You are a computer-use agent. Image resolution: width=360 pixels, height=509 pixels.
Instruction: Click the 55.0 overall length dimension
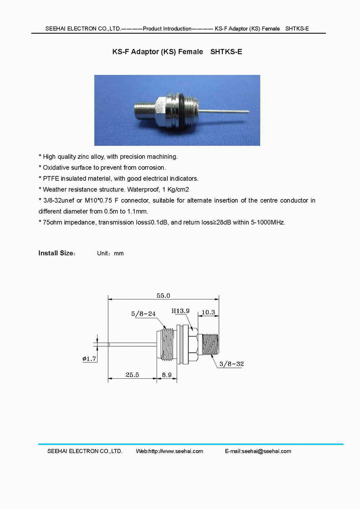pyautogui.click(x=163, y=296)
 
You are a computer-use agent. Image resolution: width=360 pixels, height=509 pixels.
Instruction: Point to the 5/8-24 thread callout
pyautogui.click(x=143, y=314)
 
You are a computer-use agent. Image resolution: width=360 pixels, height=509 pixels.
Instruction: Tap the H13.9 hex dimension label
pyautogui.click(x=180, y=311)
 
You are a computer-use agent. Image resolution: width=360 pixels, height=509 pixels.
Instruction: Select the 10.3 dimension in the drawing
pyautogui.click(x=208, y=312)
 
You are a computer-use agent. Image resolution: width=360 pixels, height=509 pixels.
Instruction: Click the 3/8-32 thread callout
pyautogui.click(x=231, y=364)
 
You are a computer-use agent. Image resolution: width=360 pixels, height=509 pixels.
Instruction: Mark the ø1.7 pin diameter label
pyautogui.click(x=89, y=359)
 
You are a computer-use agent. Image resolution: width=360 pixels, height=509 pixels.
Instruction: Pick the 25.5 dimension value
pyautogui.click(x=132, y=375)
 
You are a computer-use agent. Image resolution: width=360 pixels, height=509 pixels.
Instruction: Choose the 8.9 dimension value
pyautogui.click(x=167, y=375)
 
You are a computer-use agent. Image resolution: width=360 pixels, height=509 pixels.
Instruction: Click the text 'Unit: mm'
pyautogui.click(x=110, y=253)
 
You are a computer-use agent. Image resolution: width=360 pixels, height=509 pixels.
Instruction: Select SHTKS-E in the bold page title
pyautogui.click(x=226, y=51)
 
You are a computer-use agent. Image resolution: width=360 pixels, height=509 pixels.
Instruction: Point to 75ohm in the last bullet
pyautogui.click(x=52, y=222)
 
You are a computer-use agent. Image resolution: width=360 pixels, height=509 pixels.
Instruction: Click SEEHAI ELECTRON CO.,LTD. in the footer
pyautogui.click(x=85, y=451)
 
